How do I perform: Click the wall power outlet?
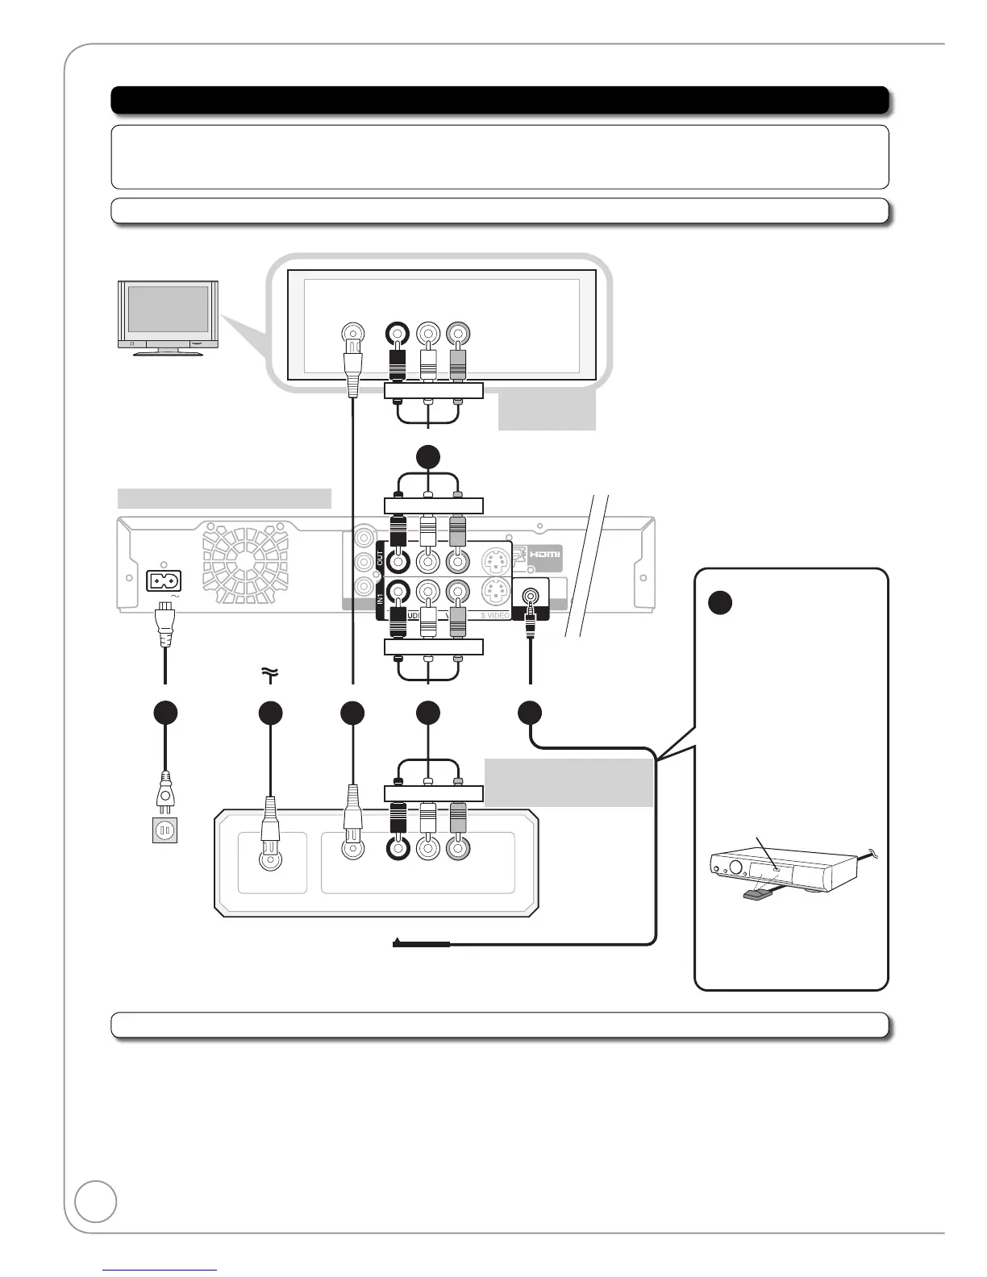[164, 830]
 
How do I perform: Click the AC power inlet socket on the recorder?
[164, 580]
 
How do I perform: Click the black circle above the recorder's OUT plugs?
[428, 457]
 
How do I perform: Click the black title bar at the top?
[500, 101]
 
